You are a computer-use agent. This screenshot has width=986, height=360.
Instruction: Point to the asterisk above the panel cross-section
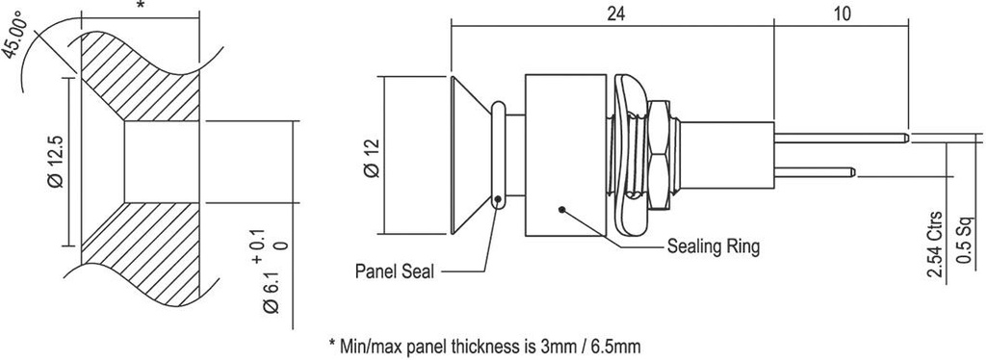point(142,7)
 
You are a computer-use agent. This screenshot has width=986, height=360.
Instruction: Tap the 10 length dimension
point(842,15)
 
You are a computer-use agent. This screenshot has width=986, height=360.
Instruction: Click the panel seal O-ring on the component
point(498,154)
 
